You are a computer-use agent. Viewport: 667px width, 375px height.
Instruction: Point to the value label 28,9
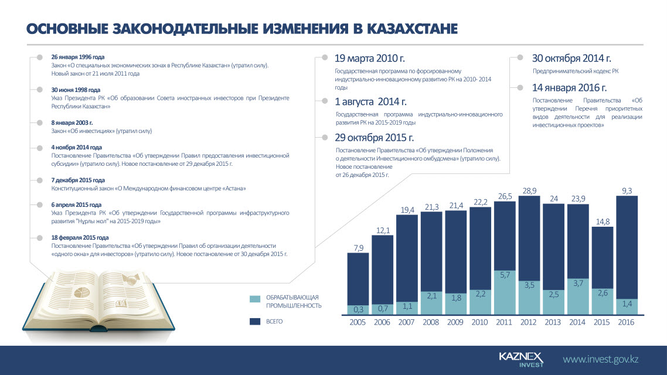529,190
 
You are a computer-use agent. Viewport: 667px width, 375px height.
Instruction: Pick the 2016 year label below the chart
626,322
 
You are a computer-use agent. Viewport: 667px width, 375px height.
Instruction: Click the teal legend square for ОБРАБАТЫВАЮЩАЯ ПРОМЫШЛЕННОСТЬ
255,299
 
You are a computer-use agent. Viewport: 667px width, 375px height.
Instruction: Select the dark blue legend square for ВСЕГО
255,322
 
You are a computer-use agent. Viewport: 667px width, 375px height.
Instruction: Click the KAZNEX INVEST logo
520,359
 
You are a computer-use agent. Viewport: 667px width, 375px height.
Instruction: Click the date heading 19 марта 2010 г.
369,59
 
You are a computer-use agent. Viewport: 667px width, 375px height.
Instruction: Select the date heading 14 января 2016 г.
569,88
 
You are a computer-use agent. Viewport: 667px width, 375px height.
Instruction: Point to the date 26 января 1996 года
78,57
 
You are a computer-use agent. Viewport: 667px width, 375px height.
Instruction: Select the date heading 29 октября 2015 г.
374,138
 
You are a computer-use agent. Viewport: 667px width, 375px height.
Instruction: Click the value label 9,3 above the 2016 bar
627,190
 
